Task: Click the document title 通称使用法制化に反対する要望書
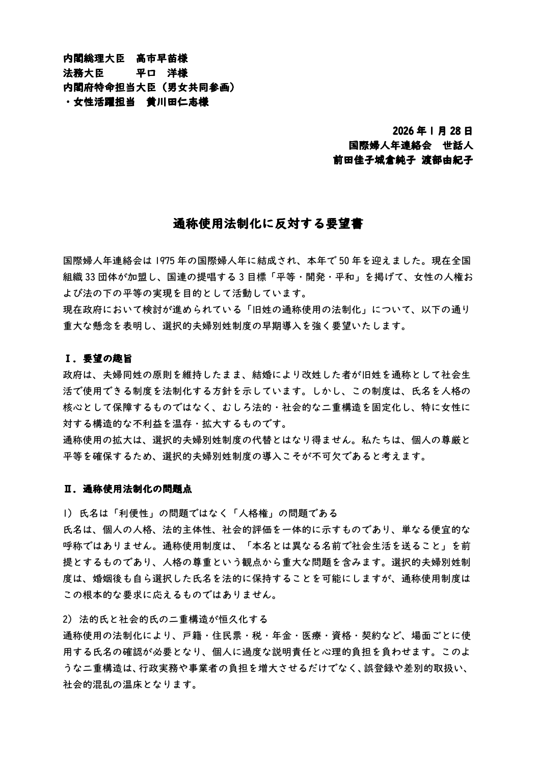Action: [268, 224]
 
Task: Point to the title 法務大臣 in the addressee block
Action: [83, 73]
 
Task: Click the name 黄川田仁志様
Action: [177, 102]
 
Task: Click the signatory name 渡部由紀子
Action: [448, 160]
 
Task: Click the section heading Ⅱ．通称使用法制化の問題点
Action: [127, 490]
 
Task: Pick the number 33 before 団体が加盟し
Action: [91, 278]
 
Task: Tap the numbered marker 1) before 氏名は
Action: [68, 512]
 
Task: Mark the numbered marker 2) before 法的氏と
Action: [68, 619]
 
